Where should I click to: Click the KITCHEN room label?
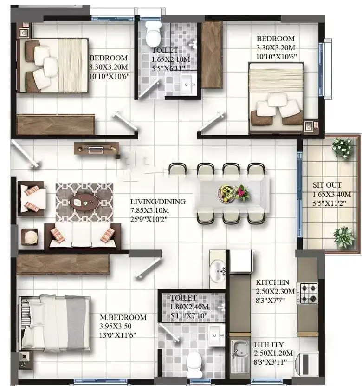(x=272, y=282)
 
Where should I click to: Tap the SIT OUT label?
(x=327, y=185)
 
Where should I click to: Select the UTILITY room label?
(x=269, y=344)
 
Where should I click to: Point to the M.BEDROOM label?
(x=123, y=317)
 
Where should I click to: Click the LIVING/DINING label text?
(x=158, y=202)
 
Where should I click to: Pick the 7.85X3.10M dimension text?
(x=150, y=210)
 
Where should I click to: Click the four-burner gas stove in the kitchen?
(x=307, y=293)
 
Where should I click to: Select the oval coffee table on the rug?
(x=84, y=203)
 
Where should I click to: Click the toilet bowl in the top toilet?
(x=153, y=34)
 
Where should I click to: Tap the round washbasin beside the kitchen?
(x=217, y=271)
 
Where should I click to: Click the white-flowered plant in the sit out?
(x=342, y=147)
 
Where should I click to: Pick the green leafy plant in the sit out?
(x=344, y=237)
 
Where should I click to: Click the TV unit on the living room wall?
(x=97, y=149)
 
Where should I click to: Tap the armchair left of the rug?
(x=32, y=198)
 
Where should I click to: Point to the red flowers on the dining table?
(x=242, y=192)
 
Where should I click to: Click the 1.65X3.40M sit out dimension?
(x=332, y=194)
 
